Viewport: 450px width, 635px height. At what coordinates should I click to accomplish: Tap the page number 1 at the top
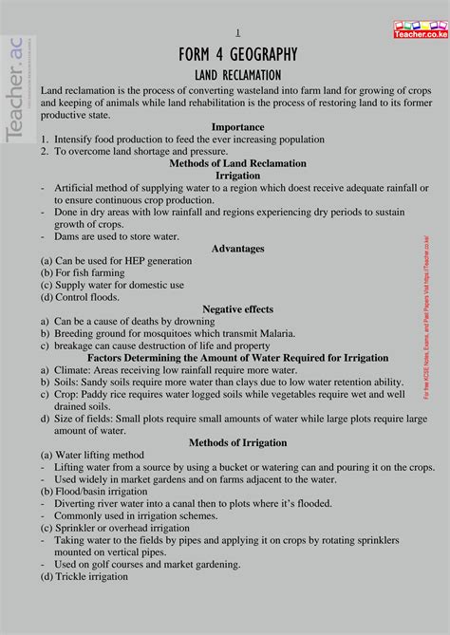point(237,32)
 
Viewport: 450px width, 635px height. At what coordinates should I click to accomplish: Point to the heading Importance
point(237,125)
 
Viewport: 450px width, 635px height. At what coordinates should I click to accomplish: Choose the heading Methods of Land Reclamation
point(237,162)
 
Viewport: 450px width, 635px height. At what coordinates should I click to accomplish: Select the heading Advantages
point(237,248)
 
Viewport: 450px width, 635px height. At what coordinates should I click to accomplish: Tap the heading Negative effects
point(237,308)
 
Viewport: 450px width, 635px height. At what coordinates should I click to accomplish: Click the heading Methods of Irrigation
point(237,442)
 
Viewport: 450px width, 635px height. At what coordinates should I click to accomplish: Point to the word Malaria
point(272,333)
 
